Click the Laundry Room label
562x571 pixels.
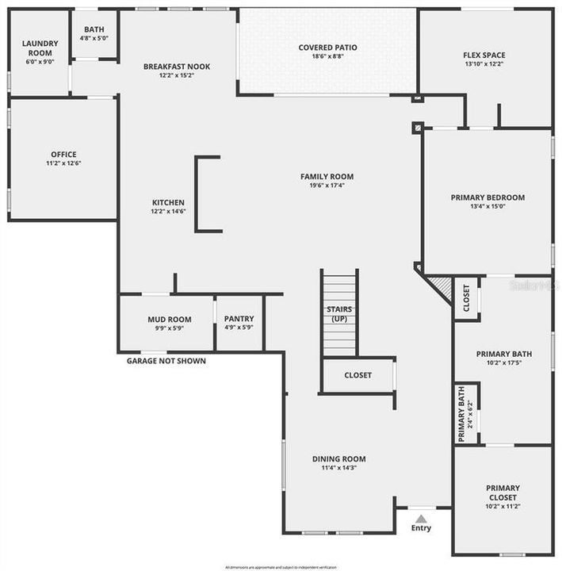point(40,48)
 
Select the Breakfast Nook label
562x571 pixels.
point(177,67)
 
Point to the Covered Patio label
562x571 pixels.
point(327,48)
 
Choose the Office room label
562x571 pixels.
point(63,155)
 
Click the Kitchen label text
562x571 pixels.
point(168,203)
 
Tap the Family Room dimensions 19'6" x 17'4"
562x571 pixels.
point(327,186)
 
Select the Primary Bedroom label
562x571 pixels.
point(487,197)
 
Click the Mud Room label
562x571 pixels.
point(169,320)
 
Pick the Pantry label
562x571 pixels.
point(239,319)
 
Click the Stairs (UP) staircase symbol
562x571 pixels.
point(339,313)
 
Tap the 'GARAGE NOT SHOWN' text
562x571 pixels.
point(166,361)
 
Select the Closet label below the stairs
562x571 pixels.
point(357,375)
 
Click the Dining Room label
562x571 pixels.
point(338,458)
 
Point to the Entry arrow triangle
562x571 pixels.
point(422,518)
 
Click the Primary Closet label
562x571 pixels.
point(503,492)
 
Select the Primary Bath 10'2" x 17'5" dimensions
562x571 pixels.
point(503,364)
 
